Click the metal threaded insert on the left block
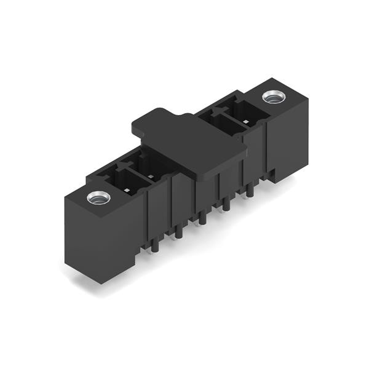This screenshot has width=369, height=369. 98,198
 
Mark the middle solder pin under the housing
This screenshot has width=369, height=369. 203,218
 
